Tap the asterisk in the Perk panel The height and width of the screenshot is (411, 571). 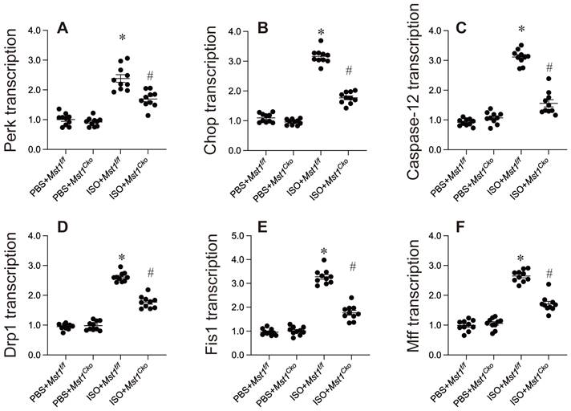123,39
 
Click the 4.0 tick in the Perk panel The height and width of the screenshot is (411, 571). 38,31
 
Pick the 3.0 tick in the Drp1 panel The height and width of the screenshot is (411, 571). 38,266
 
